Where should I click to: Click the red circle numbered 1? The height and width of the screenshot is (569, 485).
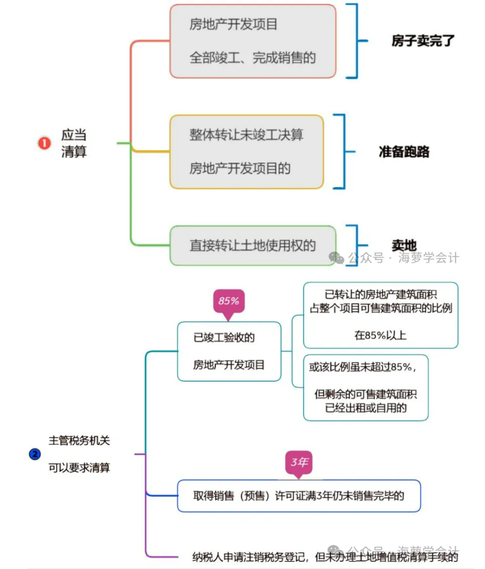pyautogui.click(x=44, y=143)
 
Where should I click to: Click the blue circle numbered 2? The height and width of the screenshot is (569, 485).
pyautogui.click(x=35, y=454)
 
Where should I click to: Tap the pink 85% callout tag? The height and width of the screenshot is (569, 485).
pyautogui.click(x=228, y=302)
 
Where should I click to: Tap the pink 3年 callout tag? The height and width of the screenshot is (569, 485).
pyautogui.click(x=299, y=463)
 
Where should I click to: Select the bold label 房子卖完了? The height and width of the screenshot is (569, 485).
pyautogui.click(x=423, y=41)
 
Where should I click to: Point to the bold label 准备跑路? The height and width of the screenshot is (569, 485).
pyautogui.click(x=404, y=152)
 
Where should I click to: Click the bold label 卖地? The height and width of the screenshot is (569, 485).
pyautogui.click(x=404, y=245)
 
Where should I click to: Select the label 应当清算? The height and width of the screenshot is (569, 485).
pyautogui.click(x=74, y=143)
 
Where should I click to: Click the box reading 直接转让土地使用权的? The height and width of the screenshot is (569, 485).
pyautogui.click(x=253, y=246)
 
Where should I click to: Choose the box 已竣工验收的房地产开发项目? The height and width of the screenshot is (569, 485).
pyautogui.click(x=229, y=352)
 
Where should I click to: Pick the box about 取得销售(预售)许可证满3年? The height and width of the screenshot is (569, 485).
pyautogui.click(x=299, y=496)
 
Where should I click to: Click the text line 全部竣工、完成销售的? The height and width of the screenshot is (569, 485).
pyautogui.click(x=253, y=58)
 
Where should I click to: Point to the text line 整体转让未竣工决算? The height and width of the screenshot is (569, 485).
pyautogui.click(x=246, y=135)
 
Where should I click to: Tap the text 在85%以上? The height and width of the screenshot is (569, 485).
pyautogui.click(x=380, y=335)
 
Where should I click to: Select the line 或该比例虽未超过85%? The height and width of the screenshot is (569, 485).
pyautogui.click(x=362, y=367)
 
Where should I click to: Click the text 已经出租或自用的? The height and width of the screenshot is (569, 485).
pyautogui.click(x=366, y=408)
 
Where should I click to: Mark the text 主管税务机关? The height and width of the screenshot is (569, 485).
pyautogui.click(x=79, y=441)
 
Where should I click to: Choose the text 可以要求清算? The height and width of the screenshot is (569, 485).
pyautogui.click(x=79, y=468)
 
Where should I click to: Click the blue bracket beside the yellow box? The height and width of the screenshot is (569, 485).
pyautogui.click(x=341, y=151)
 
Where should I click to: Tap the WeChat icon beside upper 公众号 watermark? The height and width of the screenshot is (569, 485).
pyautogui.click(x=336, y=258)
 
